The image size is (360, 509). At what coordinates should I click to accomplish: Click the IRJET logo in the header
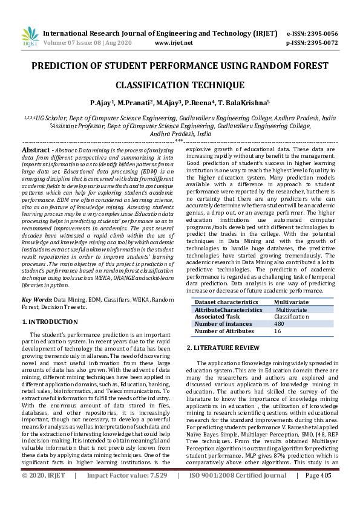pos(29,37)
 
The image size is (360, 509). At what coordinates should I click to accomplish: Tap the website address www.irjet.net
pos(174,43)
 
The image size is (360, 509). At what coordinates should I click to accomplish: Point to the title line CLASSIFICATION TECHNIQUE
pos(180,85)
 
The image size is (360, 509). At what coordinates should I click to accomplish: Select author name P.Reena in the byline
pos(201,103)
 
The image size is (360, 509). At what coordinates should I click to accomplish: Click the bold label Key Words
pos(37,300)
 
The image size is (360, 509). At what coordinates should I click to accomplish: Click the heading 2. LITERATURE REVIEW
pos(224,348)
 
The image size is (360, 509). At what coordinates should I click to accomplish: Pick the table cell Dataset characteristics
pos(227,302)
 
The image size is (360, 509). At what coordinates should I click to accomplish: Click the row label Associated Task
pos(218,316)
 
